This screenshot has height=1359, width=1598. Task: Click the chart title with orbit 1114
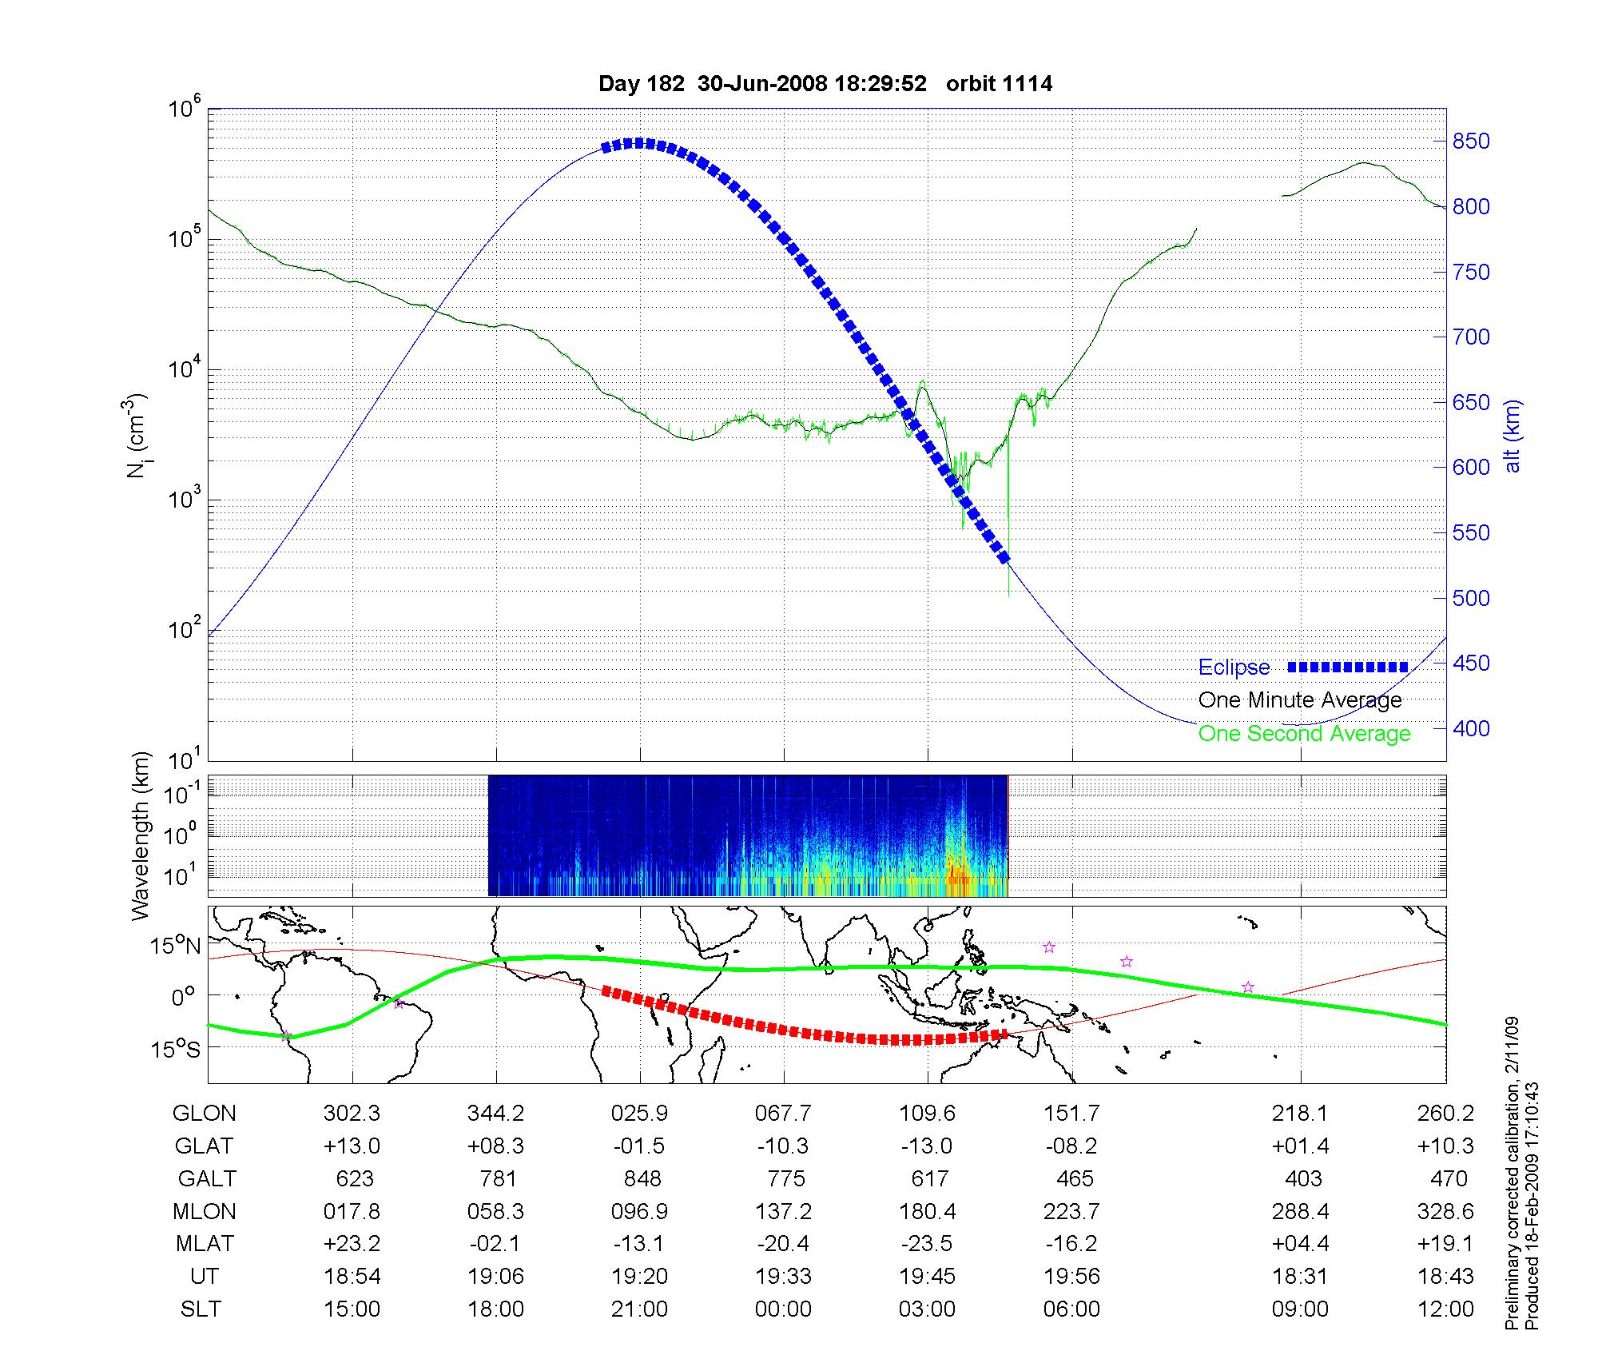coord(825,84)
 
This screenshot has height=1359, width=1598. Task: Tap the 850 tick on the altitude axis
coord(1471,141)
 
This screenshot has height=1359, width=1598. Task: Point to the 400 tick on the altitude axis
coord(1471,728)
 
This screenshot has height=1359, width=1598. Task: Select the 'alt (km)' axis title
coord(1513,436)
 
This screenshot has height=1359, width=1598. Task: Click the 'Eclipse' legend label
coord(1234,668)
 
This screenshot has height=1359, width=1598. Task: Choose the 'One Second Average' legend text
coord(1304,734)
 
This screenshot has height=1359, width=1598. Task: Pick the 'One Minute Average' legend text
coord(1300,700)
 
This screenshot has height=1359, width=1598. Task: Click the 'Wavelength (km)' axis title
coord(141,835)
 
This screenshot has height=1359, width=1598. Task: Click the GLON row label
coord(205,1114)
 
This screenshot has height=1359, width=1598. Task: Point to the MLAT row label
coord(205,1245)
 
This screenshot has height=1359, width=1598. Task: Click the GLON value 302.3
coord(352,1114)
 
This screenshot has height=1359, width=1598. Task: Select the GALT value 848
coord(642,1179)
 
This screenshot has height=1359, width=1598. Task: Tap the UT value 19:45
coord(927,1277)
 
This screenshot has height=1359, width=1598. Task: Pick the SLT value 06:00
coord(1071,1309)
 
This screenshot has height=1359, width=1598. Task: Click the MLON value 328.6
coord(1445,1212)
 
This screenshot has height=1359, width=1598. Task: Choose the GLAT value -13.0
coord(927,1146)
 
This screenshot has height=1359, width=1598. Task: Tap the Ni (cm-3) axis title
coord(138,436)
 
